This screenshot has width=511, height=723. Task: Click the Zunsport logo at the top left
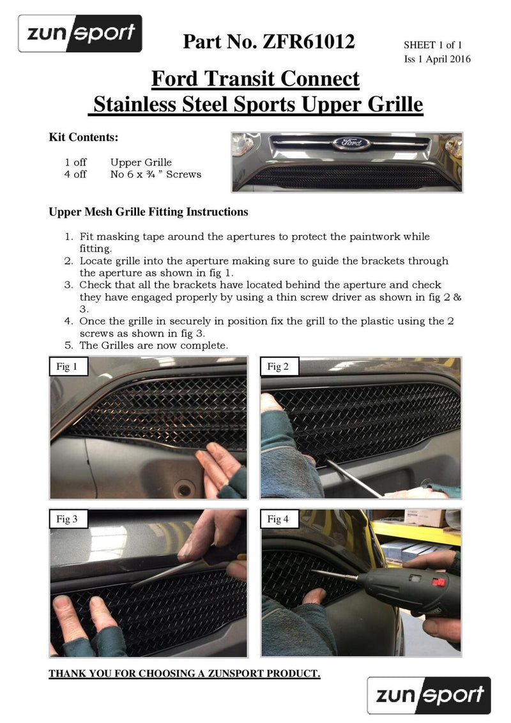point(80,33)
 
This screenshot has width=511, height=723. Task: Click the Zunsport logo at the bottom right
point(429,695)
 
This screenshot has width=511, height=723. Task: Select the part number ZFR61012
point(268,42)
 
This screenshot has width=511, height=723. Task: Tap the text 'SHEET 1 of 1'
point(432,45)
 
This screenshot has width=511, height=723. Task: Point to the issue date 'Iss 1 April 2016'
point(437,59)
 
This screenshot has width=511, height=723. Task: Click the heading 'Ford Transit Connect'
point(255,79)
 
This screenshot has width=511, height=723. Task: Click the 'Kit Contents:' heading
point(83,137)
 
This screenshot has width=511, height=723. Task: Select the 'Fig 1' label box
point(68,367)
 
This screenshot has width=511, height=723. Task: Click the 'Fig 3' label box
point(68,519)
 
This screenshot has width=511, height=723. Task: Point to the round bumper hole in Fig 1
point(185,489)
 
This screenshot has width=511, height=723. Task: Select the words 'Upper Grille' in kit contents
point(141,162)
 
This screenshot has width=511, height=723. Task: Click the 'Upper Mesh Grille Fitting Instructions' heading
point(148,211)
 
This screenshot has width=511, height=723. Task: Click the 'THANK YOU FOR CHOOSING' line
point(185,674)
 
